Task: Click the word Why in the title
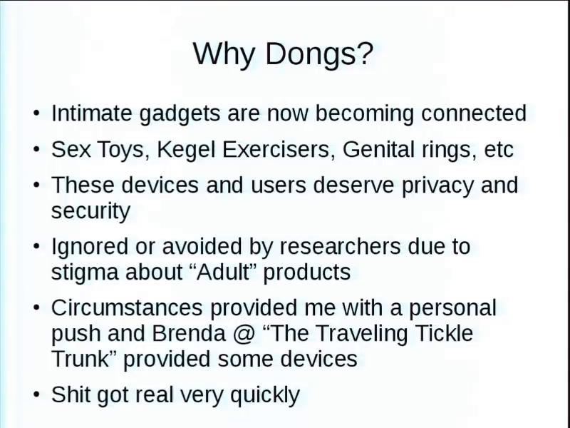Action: point(224,54)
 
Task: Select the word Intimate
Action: point(92,113)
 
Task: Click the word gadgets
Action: point(180,114)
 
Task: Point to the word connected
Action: point(474,113)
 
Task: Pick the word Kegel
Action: point(186,150)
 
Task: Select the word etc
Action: point(499,150)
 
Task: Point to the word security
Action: point(90,211)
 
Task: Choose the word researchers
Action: point(340,246)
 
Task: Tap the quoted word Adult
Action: point(223,272)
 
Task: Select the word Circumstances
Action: point(127,307)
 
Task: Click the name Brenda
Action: point(189,333)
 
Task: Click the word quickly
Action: point(265,395)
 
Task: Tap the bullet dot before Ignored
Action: point(36,246)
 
